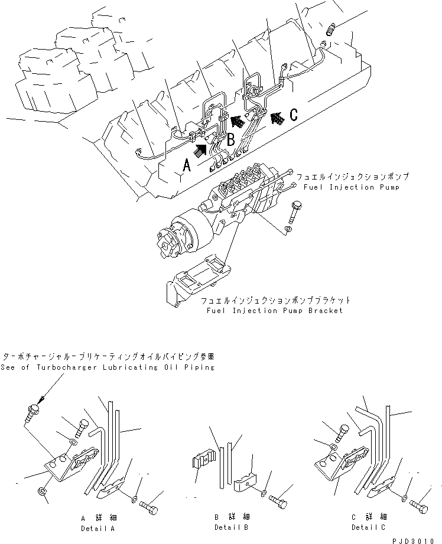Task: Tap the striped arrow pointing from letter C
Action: pyautogui.click(x=275, y=120)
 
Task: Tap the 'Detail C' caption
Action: pyautogui.click(x=368, y=527)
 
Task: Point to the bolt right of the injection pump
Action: pyautogui.click(x=295, y=210)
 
